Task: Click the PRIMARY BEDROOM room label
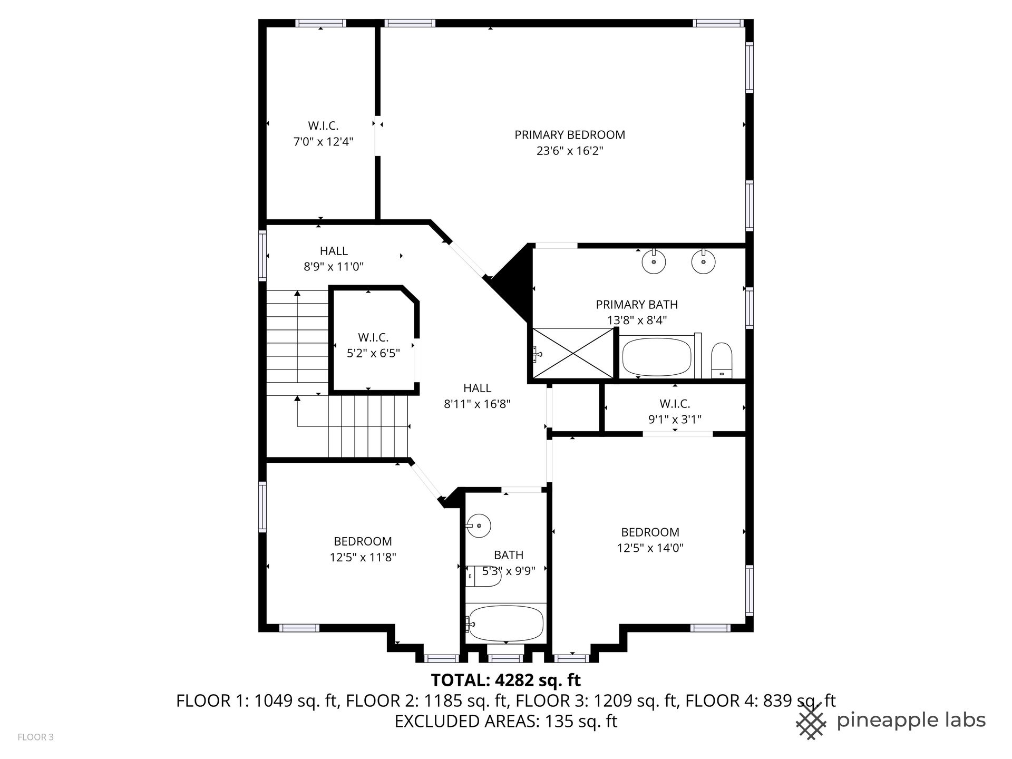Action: point(570,135)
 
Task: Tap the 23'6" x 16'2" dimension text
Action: point(570,151)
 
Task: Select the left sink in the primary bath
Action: point(654,261)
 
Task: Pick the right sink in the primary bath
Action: point(703,261)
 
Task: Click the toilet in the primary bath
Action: point(721,361)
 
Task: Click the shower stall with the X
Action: point(573,353)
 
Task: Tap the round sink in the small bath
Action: point(479,526)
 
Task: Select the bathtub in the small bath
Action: point(505,623)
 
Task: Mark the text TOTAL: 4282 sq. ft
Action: point(506,680)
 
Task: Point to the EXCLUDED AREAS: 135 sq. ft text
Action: point(506,721)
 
